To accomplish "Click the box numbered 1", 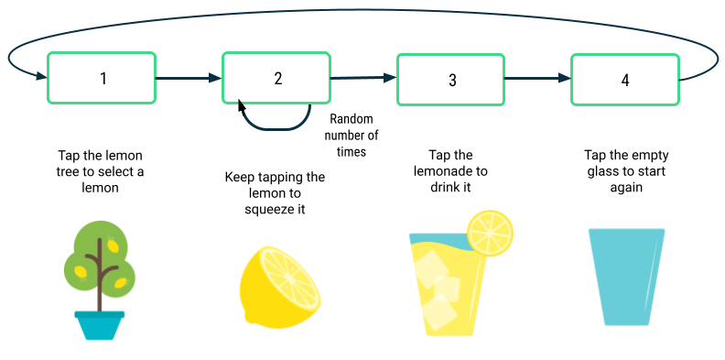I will [x=102, y=78].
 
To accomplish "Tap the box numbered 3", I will [x=450, y=79].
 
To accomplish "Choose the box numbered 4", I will [x=625, y=79].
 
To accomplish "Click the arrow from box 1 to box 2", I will [x=189, y=79].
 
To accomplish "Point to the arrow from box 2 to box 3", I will [x=363, y=79].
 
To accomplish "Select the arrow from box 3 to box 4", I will [x=538, y=79].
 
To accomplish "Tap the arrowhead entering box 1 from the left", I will [x=40, y=77].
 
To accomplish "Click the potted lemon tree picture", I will [x=102, y=282].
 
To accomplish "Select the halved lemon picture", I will [x=280, y=289].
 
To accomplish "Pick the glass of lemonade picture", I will [x=458, y=278].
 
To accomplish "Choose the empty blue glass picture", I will [x=628, y=278].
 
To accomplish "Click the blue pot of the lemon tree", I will [x=100, y=324].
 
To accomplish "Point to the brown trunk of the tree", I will [x=99, y=289].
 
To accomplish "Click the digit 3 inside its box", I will [x=451, y=81].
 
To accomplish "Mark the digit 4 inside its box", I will [x=625, y=81].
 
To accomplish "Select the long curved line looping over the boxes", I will [x=366, y=11].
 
